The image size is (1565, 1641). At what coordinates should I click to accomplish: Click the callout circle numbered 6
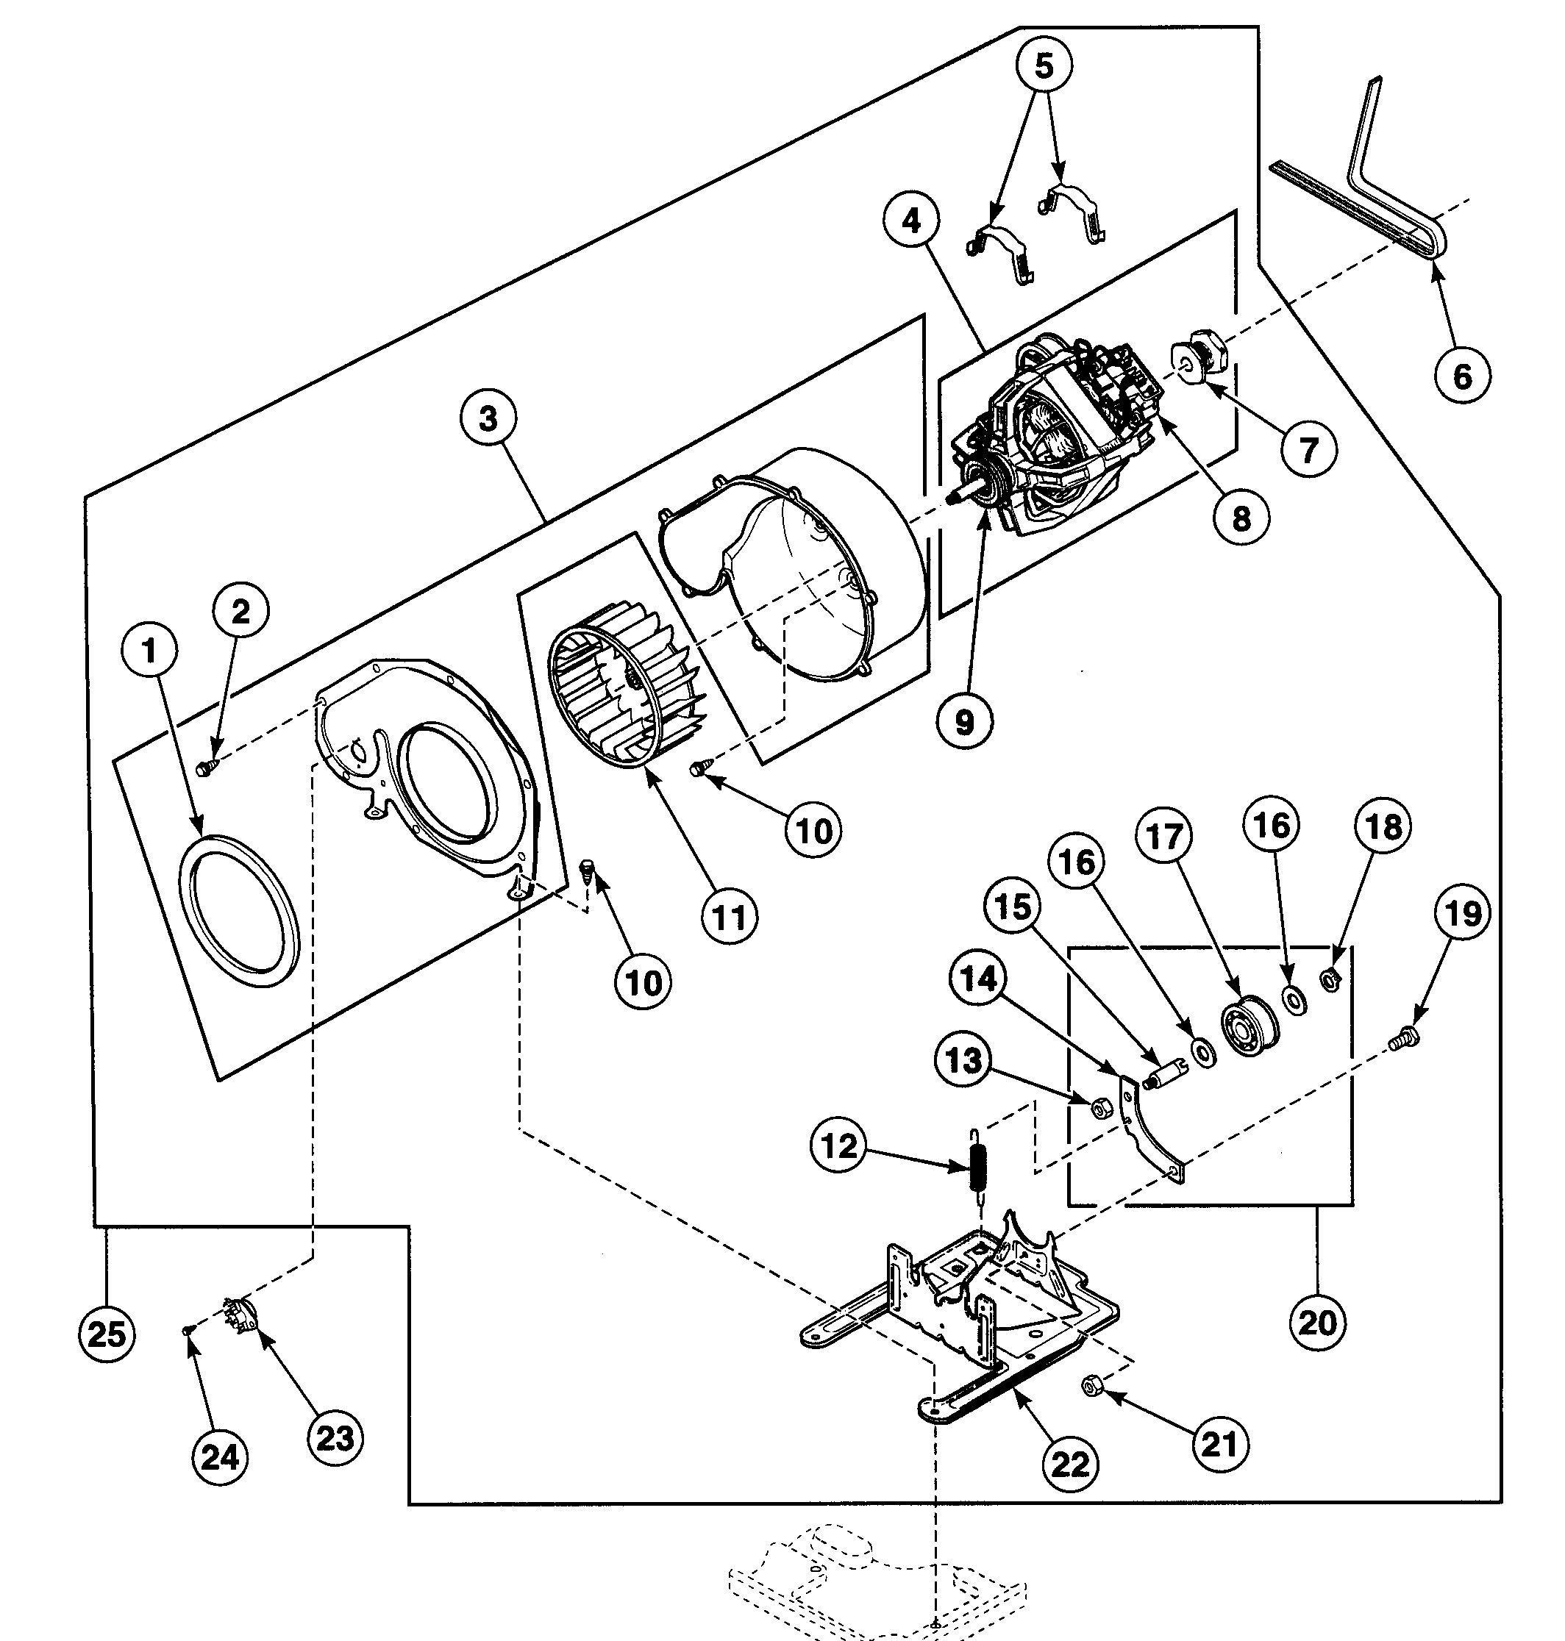[x=1462, y=376]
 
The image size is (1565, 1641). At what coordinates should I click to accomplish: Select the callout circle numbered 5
[x=1044, y=64]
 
